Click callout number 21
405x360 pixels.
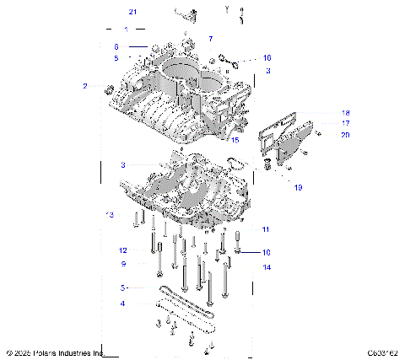point(132,12)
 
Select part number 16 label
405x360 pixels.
point(267,58)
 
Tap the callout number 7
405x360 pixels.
point(211,39)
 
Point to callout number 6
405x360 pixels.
point(116,46)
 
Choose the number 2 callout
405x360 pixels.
point(84,86)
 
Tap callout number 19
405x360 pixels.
point(298,188)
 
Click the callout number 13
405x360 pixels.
point(109,215)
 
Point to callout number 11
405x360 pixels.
point(265,229)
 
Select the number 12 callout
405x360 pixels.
point(122,250)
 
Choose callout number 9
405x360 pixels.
point(122,263)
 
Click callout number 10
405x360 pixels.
point(267,252)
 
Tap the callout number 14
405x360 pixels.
point(267,267)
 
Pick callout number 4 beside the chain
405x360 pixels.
point(122,304)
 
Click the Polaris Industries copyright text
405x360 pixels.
point(55,352)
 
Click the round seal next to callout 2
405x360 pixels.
point(107,89)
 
